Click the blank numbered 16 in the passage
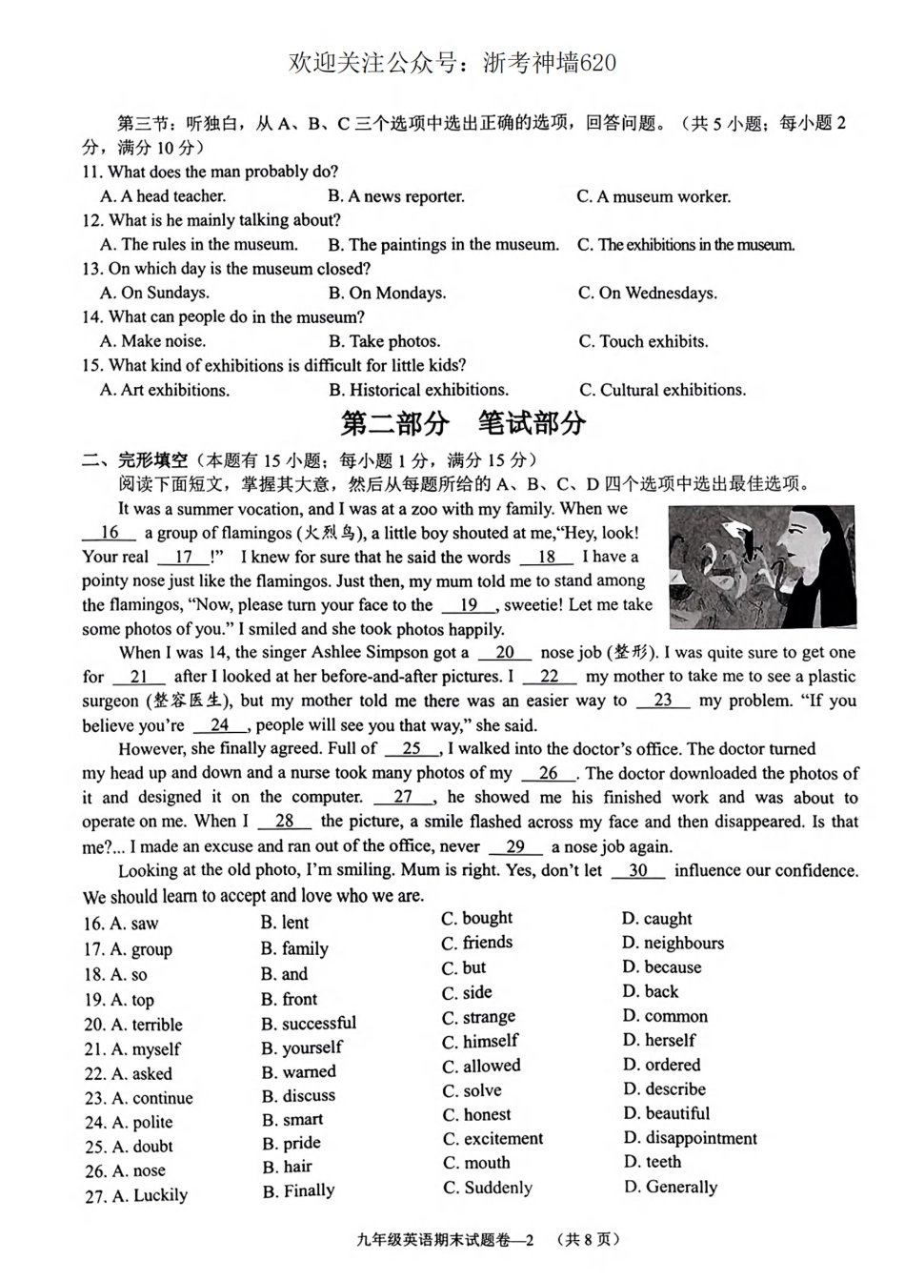point(110,533)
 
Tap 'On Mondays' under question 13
point(387,293)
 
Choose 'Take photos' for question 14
point(384,341)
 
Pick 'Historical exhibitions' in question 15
point(418,390)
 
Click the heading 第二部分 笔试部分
point(463,423)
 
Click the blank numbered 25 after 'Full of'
point(412,749)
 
